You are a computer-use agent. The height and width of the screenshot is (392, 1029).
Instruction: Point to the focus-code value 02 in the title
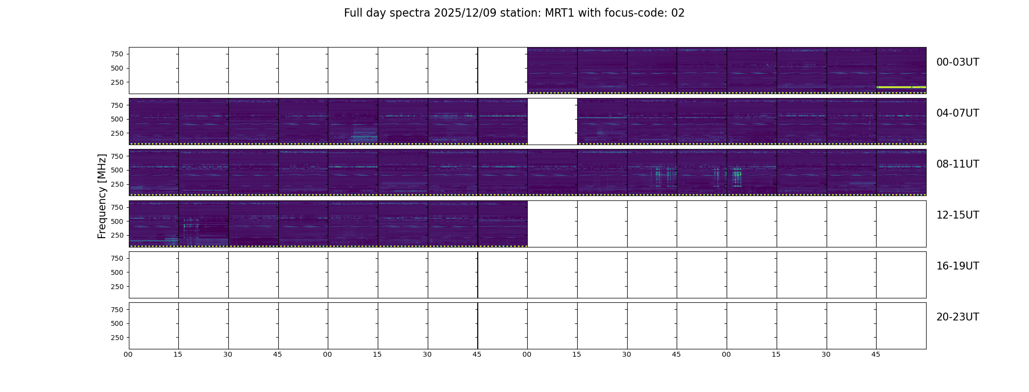pyautogui.click(x=678, y=13)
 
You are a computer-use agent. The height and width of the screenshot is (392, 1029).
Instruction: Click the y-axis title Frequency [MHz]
pyautogui.click(x=102, y=196)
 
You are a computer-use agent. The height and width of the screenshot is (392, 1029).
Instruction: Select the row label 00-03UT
pyautogui.click(x=957, y=62)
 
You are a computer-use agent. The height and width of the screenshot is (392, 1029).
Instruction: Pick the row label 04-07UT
pyautogui.click(x=957, y=113)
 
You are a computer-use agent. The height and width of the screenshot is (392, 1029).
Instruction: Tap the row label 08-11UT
pyautogui.click(x=957, y=164)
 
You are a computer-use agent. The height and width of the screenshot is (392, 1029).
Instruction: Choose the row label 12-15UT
pyautogui.click(x=957, y=215)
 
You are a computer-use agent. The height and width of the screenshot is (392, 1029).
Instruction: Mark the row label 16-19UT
pyautogui.click(x=957, y=266)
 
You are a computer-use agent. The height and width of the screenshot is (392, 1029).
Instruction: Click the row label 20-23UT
pyautogui.click(x=957, y=317)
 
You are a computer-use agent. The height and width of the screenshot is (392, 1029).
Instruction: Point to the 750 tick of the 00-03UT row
pyautogui.click(x=117, y=54)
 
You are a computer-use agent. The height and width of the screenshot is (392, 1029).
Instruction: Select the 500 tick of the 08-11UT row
pyautogui.click(x=117, y=170)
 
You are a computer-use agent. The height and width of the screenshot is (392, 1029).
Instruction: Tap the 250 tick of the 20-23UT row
pyautogui.click(x=117, y=338)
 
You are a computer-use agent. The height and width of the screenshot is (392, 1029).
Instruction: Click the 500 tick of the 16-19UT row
pyautogui.click(x=117, y=272)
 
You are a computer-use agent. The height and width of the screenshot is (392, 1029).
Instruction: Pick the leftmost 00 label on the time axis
pyautogui.click(x=128, y=355)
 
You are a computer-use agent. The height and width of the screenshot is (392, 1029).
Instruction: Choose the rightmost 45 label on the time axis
pyautogui.click(x=876, y=355)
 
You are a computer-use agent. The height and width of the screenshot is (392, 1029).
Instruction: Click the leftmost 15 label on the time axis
pyautogui.click(x=178, y=355)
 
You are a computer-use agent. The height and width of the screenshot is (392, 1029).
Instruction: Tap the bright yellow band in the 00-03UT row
pyautogui.click(x=901, y=87)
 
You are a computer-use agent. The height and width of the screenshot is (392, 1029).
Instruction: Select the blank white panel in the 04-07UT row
pyautogui.click(x=552, y=122)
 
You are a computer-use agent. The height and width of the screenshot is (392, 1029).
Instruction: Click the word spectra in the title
pyautogui.click(x=410, y=14)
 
